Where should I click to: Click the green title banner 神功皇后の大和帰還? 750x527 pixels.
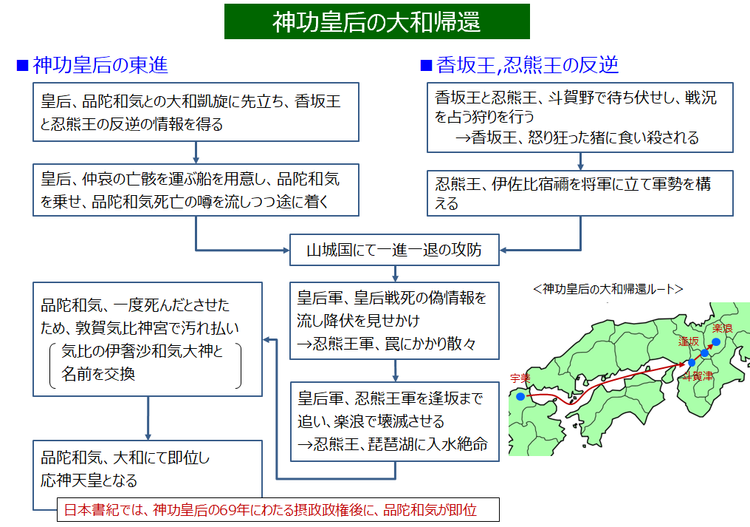377,21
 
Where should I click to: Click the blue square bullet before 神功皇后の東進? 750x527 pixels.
22,65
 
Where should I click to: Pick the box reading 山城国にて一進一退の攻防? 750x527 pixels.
394,250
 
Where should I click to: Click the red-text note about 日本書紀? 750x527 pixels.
278,509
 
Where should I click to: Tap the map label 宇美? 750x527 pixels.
520,378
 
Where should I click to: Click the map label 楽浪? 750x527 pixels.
722,328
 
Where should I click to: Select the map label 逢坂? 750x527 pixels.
689,341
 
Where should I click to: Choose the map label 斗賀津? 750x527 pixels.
698,376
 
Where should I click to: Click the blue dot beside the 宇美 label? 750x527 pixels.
520,396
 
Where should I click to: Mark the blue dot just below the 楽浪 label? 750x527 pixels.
716,341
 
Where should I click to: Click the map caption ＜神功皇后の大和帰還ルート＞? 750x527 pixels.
608,289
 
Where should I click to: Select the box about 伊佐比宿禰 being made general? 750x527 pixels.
579,193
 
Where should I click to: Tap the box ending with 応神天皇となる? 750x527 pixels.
148,469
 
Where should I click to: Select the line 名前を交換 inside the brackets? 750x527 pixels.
98,374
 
